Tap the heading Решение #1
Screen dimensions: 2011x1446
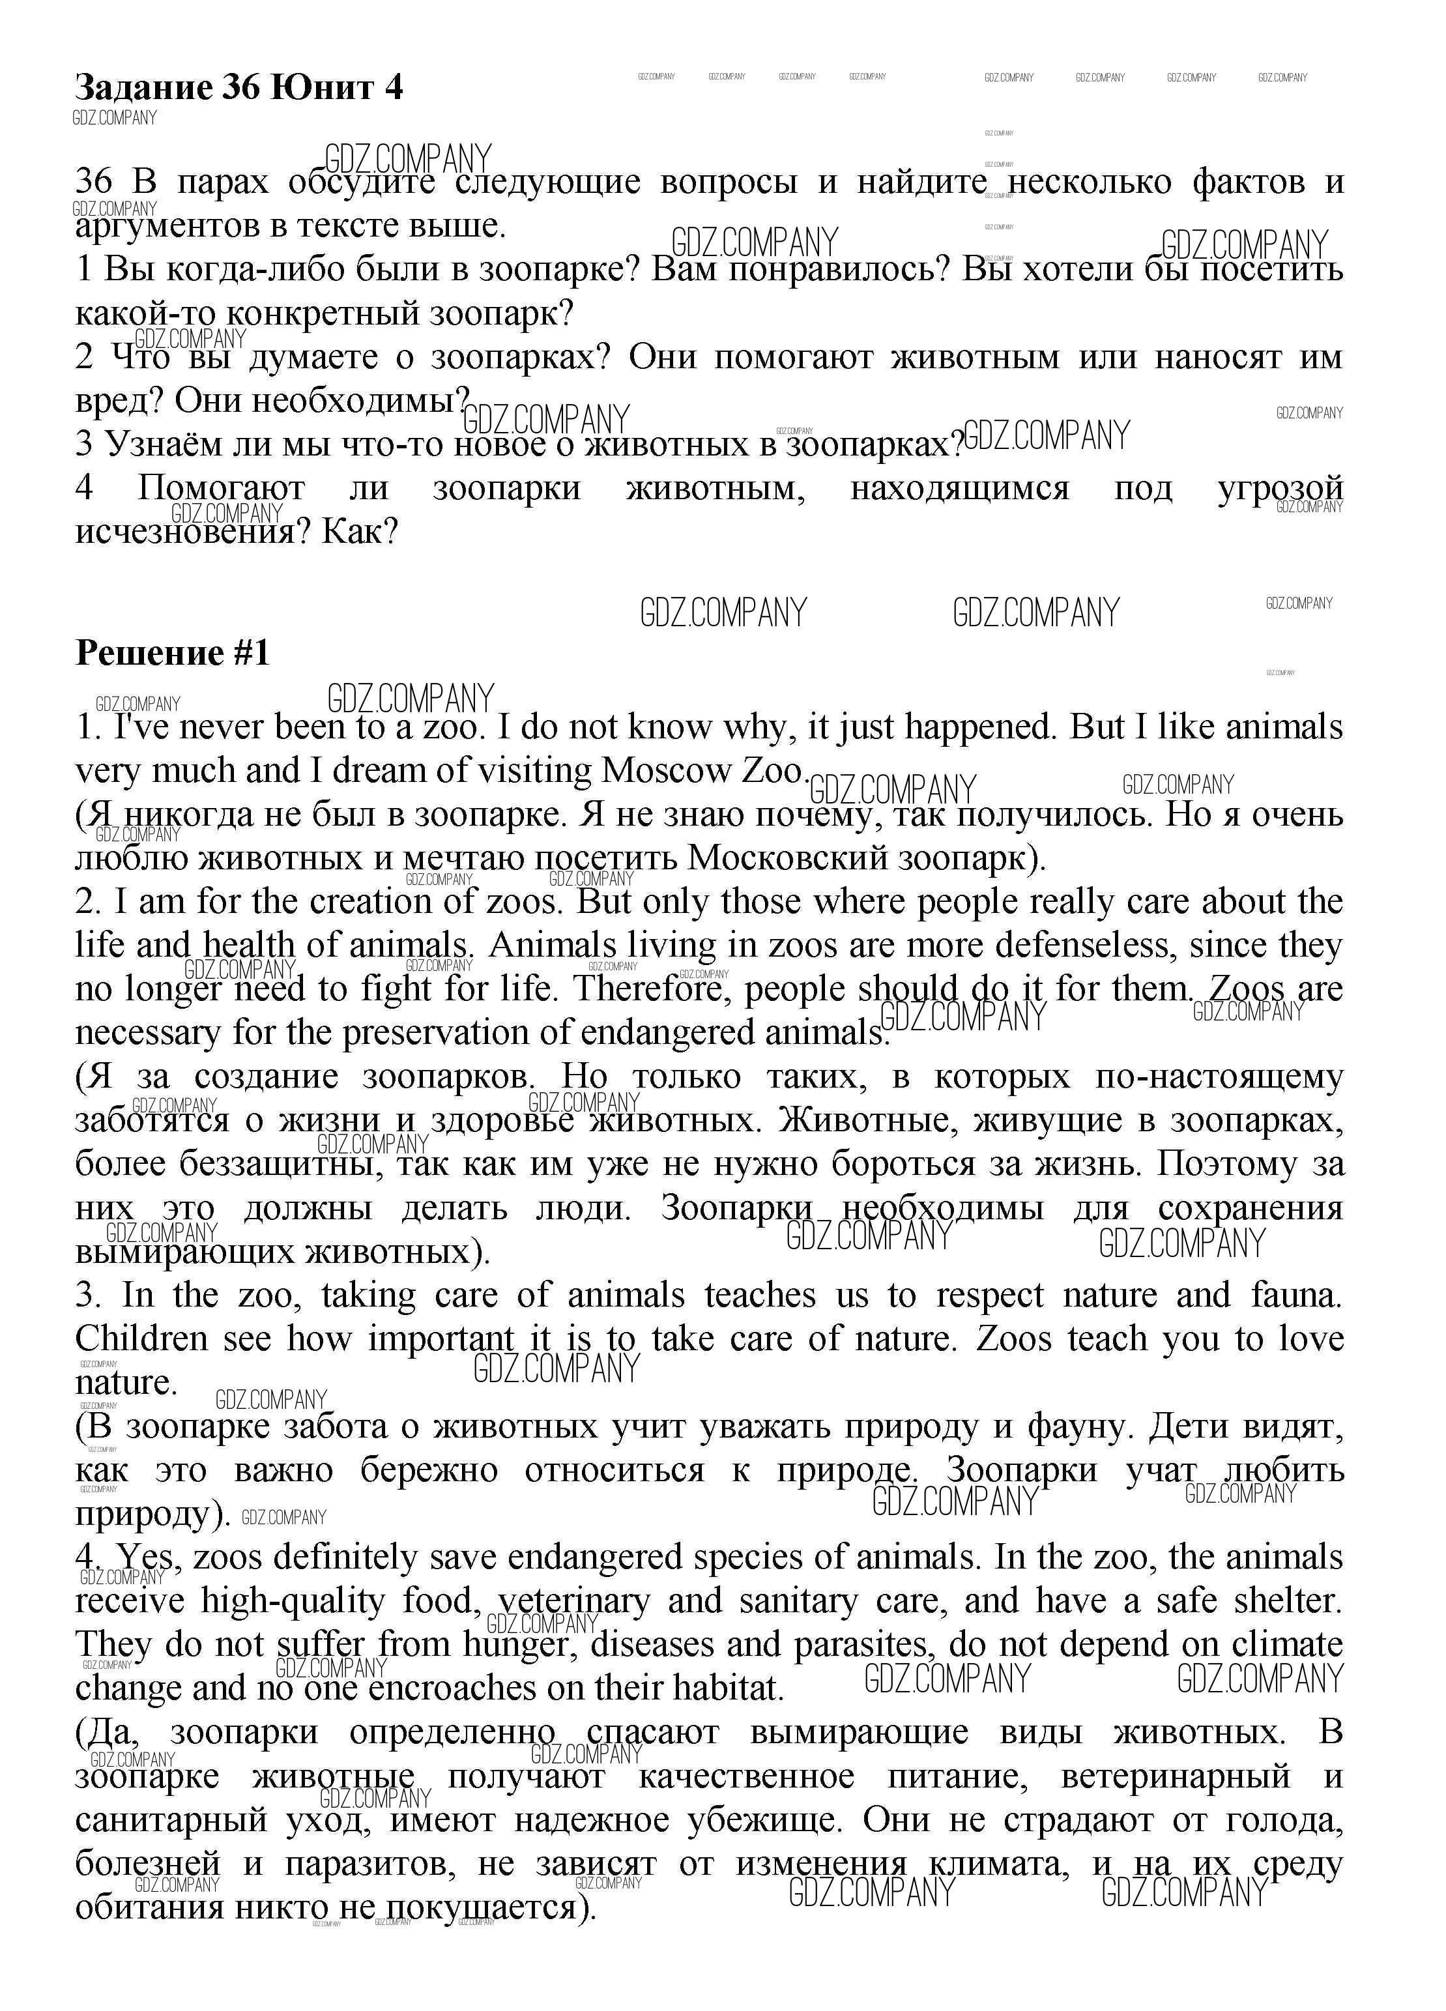[172, 654]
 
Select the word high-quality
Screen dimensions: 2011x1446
[293, 1601]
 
